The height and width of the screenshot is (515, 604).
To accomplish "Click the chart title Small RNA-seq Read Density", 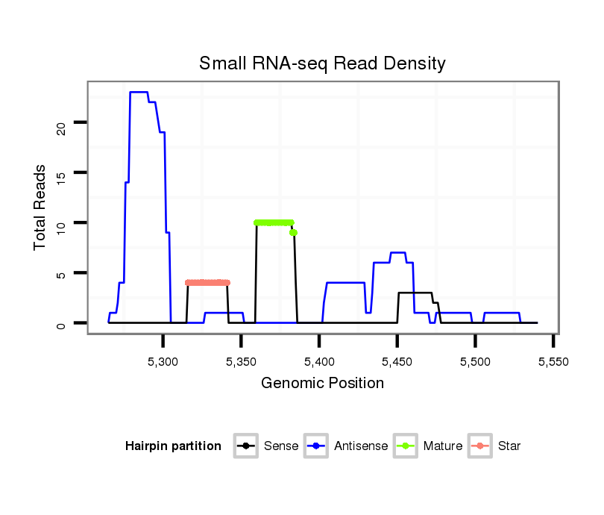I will pyautogui.click(x=322, y=63).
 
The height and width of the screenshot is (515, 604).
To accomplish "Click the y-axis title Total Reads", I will pyautogui.click(x=42, y=208).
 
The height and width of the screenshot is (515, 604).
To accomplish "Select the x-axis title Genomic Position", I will pyautogui.click(x=322, y=384).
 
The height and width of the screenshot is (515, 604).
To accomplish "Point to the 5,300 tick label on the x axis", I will pyautogui.click(x=163, y=362).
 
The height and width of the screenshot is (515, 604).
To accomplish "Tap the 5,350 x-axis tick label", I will pyautogui.click(x=241, y=362).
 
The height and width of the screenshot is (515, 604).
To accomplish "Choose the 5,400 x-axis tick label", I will pyautogui.click(x=319, y=362).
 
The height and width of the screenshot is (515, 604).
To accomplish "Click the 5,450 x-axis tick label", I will pyautogui.click(x=397, y=362).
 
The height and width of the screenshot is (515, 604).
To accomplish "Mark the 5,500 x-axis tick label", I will pyautogui.click(x=475, y=362).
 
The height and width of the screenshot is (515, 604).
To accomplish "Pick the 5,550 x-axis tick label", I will pyautogui.click(x=553, y=362).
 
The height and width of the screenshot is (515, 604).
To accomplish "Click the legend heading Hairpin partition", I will pyautogui.click(x=173, y=446).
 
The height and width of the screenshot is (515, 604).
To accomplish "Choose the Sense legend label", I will pyautogui.click(x=281, y=446).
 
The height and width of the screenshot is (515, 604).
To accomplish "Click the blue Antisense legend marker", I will pyautogui.click(x=316, y=446).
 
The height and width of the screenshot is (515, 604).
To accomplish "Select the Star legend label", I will pyautogui.click(x=509, y=446).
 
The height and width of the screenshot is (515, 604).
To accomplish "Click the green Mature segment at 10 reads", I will pyautogui.click(x=274, y=222).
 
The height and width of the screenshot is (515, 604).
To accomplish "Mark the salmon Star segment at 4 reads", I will pyautogui.click(x=207, y=282).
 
